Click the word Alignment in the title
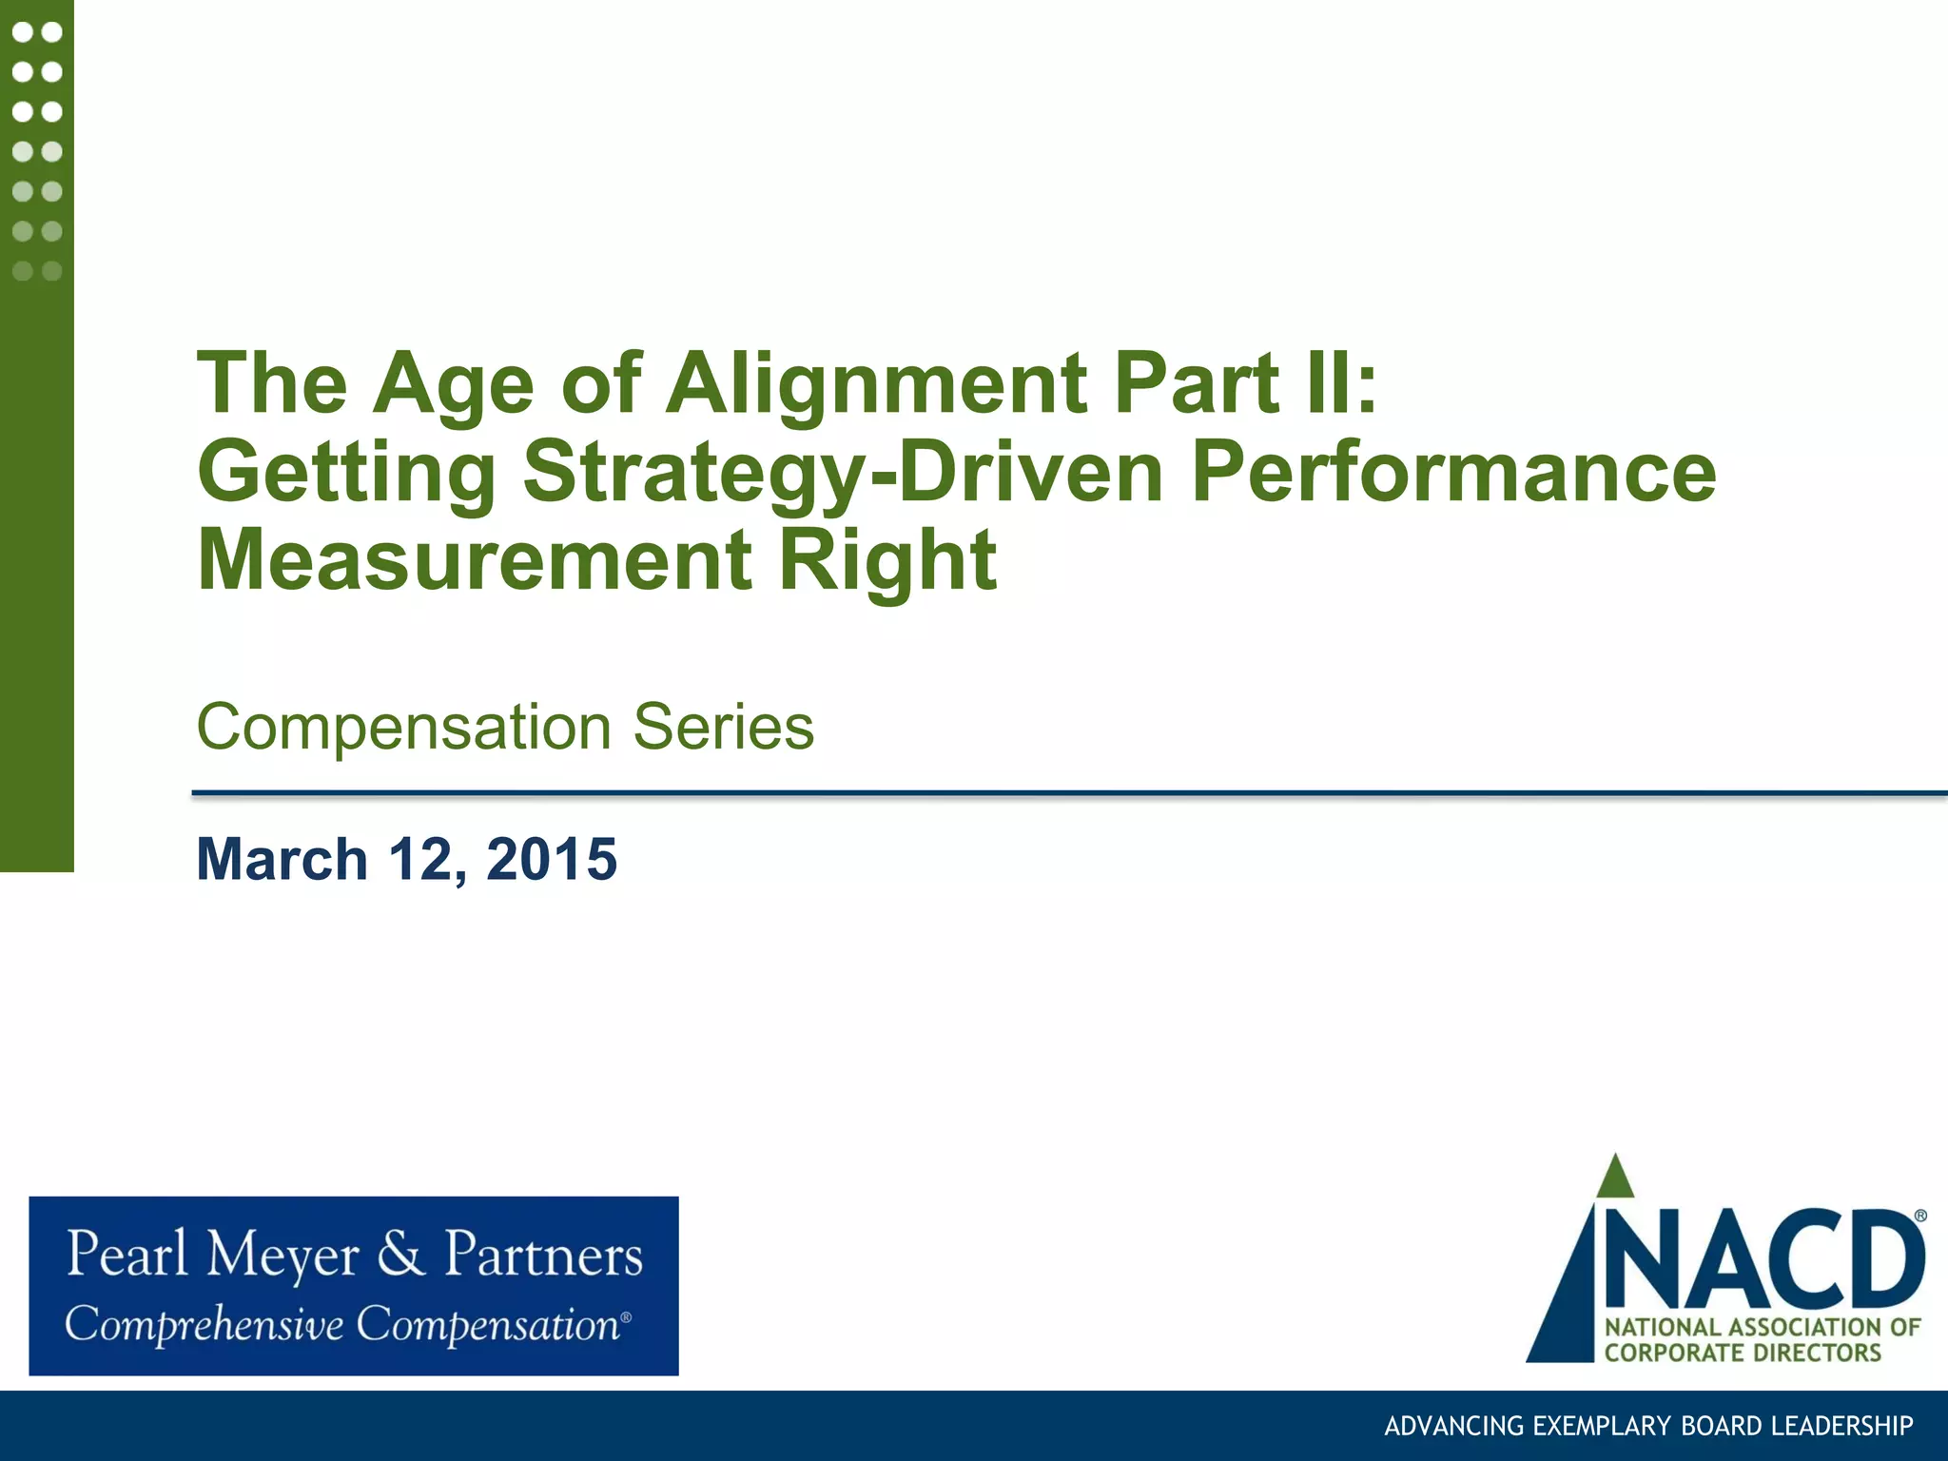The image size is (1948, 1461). coord(875,383)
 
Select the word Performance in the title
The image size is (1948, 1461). coord(1452,472)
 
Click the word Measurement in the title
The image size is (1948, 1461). coord(474,560)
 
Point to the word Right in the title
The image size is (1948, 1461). coord(887,560)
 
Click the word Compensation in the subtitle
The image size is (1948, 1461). coord(402,728)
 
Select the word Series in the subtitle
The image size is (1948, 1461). coord(723,728)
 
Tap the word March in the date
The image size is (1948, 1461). coord(282,859)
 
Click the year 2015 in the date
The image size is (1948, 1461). coord(552,859)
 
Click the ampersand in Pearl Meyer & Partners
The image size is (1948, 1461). coord(400,1254)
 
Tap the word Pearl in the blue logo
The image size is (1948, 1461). coord(127,1254)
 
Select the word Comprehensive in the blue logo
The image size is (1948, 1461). coord(204,1325)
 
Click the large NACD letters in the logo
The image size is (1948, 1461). coord(1764,1260)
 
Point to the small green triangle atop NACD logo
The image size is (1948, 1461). coord(1614,1179)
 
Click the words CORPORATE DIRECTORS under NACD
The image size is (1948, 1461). coord(1743,1353)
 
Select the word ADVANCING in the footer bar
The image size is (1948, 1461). coord(1442,1426)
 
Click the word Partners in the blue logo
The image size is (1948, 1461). coord(543,1254)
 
